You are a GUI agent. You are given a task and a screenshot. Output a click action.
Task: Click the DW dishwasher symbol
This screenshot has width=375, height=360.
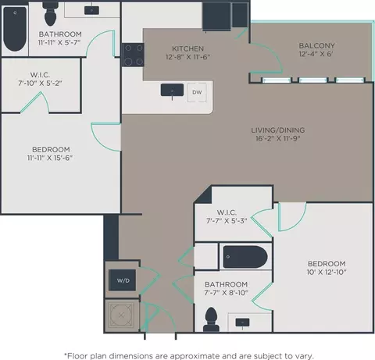[x=197, y=92]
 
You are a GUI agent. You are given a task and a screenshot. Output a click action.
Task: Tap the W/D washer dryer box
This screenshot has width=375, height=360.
[x=123, y=280]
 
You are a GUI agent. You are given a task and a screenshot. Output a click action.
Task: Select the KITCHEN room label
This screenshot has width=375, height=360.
[x=187, y=48]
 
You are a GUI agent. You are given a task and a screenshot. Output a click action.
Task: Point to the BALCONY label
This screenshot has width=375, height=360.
[x=316, y=45]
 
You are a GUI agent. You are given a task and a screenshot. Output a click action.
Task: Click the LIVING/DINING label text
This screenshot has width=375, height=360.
[x=278, y=130]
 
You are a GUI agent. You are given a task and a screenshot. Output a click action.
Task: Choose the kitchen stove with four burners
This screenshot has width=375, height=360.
[x=133, y=55]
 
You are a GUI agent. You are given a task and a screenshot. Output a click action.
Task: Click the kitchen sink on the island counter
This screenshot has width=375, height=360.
[x=172, y=91]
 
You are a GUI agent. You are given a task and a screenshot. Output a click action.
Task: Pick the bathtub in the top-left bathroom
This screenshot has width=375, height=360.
[x=15, y=29]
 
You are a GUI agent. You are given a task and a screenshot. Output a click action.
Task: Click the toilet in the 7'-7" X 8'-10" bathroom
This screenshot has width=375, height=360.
[x=211, y=319]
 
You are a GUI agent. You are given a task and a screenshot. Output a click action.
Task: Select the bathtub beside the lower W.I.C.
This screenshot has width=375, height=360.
[x=245, y=257]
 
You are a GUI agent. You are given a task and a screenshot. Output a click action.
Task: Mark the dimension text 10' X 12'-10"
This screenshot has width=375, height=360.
[x=327, y=272]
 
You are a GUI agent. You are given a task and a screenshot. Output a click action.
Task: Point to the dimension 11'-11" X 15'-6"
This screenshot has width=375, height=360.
[x=50, y=158]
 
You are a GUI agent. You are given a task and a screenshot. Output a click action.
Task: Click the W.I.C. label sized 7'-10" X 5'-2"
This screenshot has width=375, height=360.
[x=40, y=75]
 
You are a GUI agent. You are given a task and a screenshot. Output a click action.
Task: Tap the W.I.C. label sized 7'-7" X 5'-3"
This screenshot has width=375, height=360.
[x=227, y=212]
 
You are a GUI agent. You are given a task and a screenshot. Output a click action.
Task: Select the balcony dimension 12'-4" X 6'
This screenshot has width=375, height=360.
[x=316, y=54]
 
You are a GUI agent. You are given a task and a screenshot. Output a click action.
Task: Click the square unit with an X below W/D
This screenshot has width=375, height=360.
[x=121, y=315]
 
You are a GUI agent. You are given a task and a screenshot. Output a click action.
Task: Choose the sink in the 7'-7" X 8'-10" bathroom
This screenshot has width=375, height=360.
[x=242, y=323]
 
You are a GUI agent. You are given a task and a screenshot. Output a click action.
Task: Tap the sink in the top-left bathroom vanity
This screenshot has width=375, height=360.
[x=91, y=10]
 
